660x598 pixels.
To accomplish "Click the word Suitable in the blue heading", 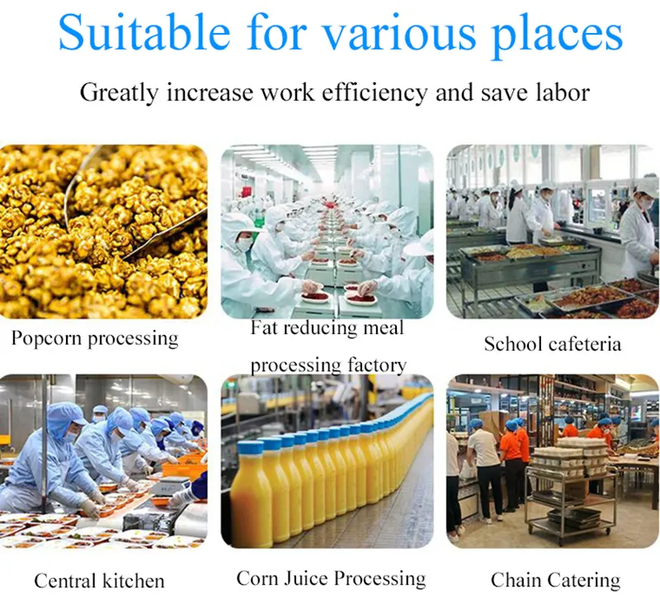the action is tap(144, 32).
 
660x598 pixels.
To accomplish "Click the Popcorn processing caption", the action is tap(95, 339).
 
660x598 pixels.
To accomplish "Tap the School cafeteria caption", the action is tap(552, 344).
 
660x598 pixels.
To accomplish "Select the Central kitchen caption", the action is tap(99, 581).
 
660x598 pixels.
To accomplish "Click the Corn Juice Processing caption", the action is tap(331, 579).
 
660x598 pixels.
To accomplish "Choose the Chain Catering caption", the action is tap(555, 581).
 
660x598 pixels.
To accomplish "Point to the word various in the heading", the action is tap(398, 33).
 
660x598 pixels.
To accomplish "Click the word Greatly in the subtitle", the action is tap(119, 93).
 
